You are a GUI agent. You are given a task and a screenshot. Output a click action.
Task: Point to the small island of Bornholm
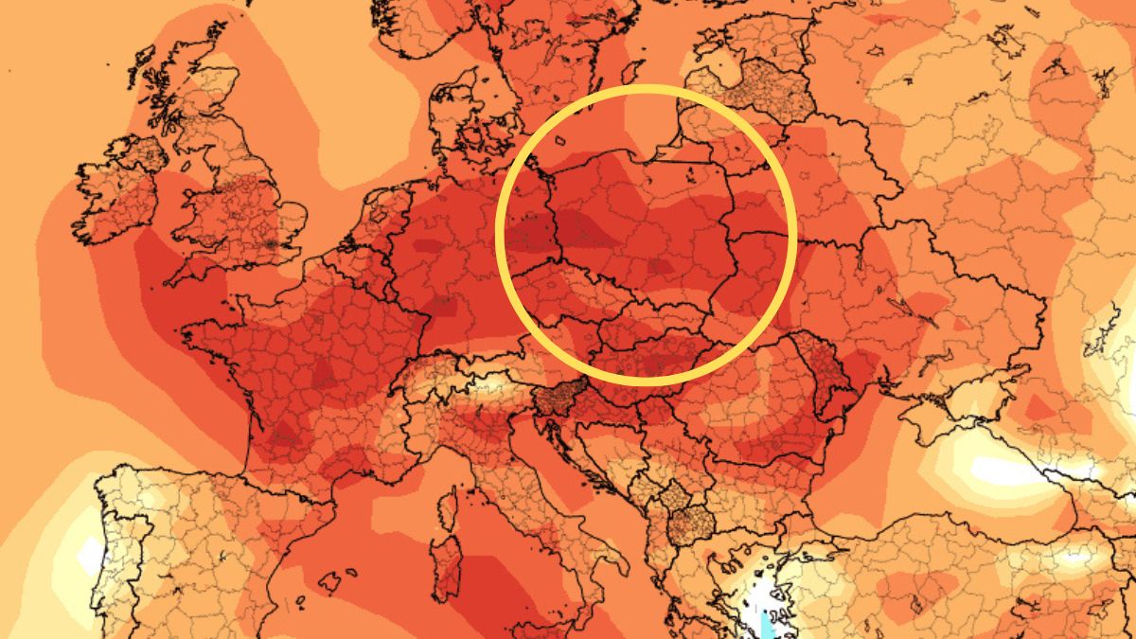560,141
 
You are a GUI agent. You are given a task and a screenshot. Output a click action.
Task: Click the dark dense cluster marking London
275,242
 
